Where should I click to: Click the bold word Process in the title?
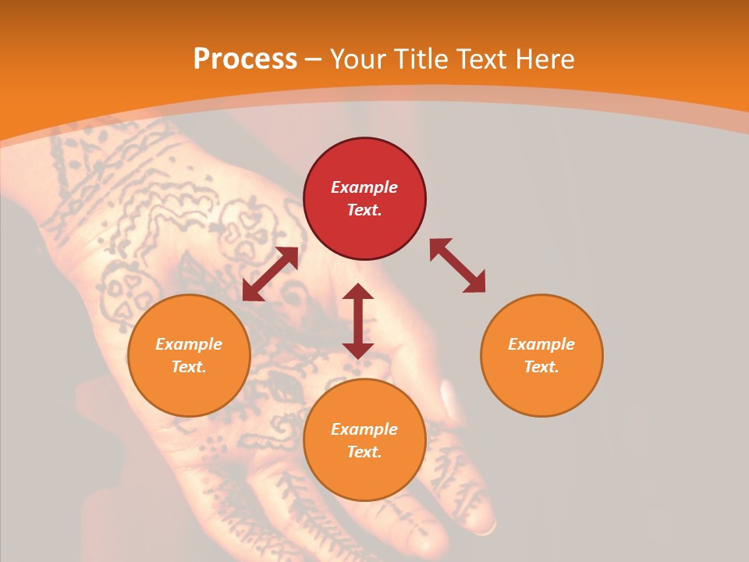coord(245,59)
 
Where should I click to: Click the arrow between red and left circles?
coord(270,274)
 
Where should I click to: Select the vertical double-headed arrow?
coord(358,321)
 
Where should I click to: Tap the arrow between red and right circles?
coord(457,266)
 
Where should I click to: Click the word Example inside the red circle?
coord(364,187)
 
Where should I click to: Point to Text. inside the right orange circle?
coord(541,367)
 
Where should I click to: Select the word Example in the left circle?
coord(189,344)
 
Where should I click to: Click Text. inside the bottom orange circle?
coord(364,452)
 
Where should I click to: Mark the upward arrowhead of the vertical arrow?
coord(358,292)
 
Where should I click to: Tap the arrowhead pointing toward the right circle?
coord(475,284)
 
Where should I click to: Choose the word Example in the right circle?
coord(541,344)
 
